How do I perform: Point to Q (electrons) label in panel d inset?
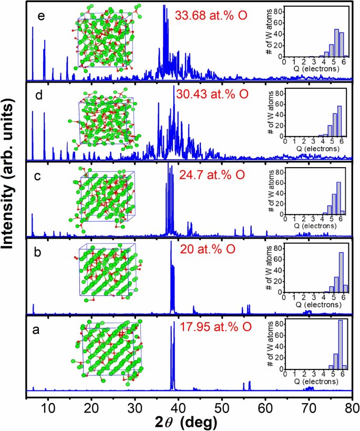coord(314,148)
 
